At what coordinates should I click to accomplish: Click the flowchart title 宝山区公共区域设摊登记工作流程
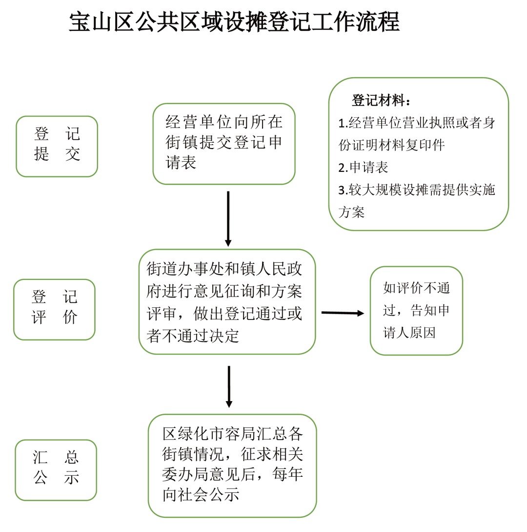click(x=234, y=22)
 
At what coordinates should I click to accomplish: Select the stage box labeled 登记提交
click(x=57, y=146)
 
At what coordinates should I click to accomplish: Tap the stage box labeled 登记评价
click(x=54, y=309)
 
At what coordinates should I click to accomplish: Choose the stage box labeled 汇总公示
click(x=56, y=470)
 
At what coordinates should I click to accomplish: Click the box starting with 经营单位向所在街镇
click(x=224, y=144)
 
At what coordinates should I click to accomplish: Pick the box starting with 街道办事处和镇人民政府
click(x=227, y=301)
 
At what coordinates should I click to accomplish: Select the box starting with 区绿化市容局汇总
click(x=232, y=466)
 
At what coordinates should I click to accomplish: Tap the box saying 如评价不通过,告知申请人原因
click(x=416, y=310)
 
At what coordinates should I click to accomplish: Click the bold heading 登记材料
click(x=381, y=101)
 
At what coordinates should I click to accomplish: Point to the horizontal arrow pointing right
click(x=342, y=313)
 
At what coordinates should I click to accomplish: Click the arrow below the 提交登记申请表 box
click(x=228, y=219)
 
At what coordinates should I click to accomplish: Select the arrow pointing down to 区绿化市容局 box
click(x=229, y=387)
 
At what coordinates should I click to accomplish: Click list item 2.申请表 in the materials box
click(x=363, y=167)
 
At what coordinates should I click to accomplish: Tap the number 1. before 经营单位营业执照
click(x=343, y=123)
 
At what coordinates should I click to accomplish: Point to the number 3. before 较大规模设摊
click(x=343, y=190)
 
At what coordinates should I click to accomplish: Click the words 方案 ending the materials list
click(x=351, y=212)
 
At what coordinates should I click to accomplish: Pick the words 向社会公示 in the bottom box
click(x=201, y=494)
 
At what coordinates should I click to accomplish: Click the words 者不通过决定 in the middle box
click(x=192, y=336)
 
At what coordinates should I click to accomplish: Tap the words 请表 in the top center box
click(x=181, y=162)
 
